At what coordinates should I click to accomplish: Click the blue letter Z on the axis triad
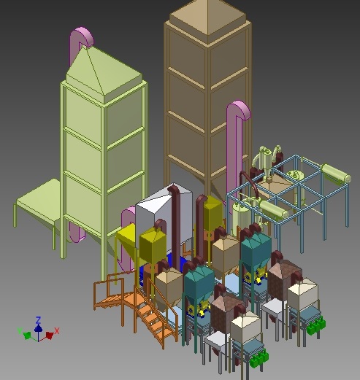tap(38, 320)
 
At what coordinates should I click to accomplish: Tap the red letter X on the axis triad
tap(57, 330)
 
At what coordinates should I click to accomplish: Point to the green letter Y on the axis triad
tap(19, 330)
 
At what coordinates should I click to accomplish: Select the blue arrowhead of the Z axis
tap(38, 328)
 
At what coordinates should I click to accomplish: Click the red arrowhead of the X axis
tap(50, 336)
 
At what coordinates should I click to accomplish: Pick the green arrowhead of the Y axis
tap(27, 336)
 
